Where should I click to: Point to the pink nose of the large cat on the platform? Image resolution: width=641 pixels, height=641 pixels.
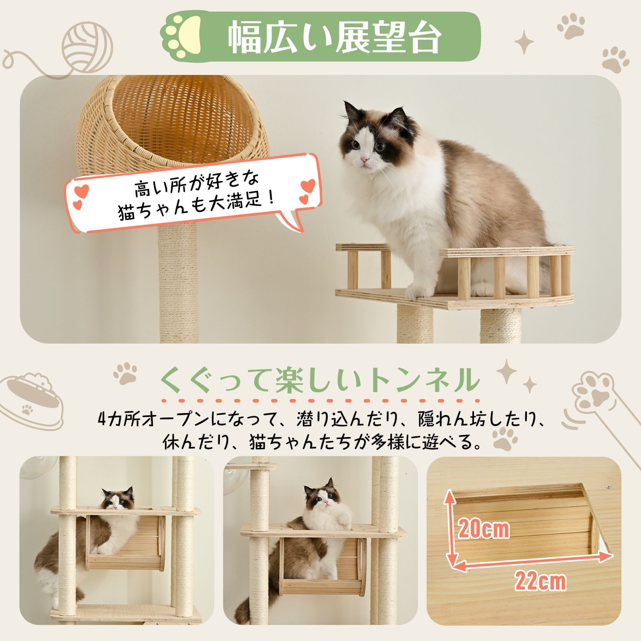tap(365, 160)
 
